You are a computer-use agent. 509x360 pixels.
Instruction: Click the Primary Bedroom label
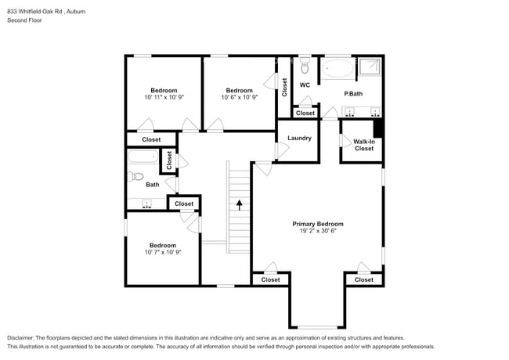(318, 224)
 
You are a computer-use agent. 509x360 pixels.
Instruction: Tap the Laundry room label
(299, 139)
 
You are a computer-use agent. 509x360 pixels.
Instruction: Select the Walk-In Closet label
(364, 145)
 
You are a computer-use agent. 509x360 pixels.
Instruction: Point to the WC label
(305, 85)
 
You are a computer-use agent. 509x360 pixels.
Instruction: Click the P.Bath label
(353, 94)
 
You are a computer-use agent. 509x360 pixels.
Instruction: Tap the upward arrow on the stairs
(240, 205)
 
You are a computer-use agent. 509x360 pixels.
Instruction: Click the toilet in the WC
(305, 66)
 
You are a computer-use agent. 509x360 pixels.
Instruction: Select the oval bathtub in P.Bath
(338, 68)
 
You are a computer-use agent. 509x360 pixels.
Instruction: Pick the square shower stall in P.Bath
(370, 67)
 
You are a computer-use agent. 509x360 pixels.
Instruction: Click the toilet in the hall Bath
(135, 177)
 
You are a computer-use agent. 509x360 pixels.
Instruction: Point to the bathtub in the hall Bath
(143, 157)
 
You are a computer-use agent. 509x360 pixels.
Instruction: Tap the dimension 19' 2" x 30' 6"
(318, 231)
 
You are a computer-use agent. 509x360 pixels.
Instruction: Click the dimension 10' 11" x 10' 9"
(164, 97)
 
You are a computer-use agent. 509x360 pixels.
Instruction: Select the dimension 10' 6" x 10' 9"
(240, 97)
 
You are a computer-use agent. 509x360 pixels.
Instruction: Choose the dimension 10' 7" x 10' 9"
(163, 252)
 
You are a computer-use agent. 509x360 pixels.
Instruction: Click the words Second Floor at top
(25, 20)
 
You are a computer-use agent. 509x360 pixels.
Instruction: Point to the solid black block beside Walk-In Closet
(378, 128)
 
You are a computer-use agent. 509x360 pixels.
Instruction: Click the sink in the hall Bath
(147, 204)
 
